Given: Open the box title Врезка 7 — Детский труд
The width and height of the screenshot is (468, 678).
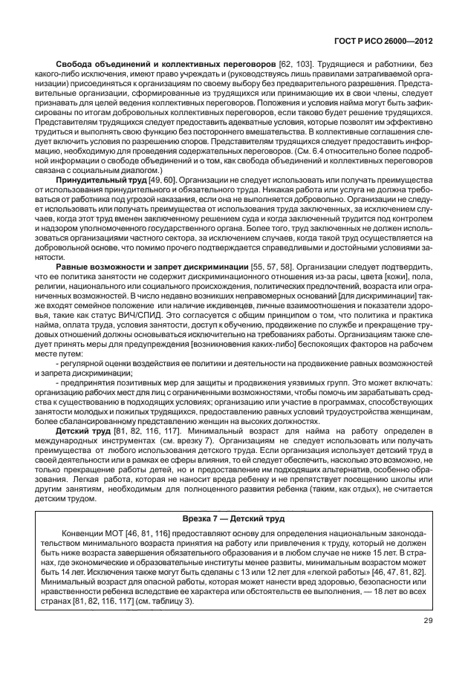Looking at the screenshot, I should [x=233, y=516].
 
